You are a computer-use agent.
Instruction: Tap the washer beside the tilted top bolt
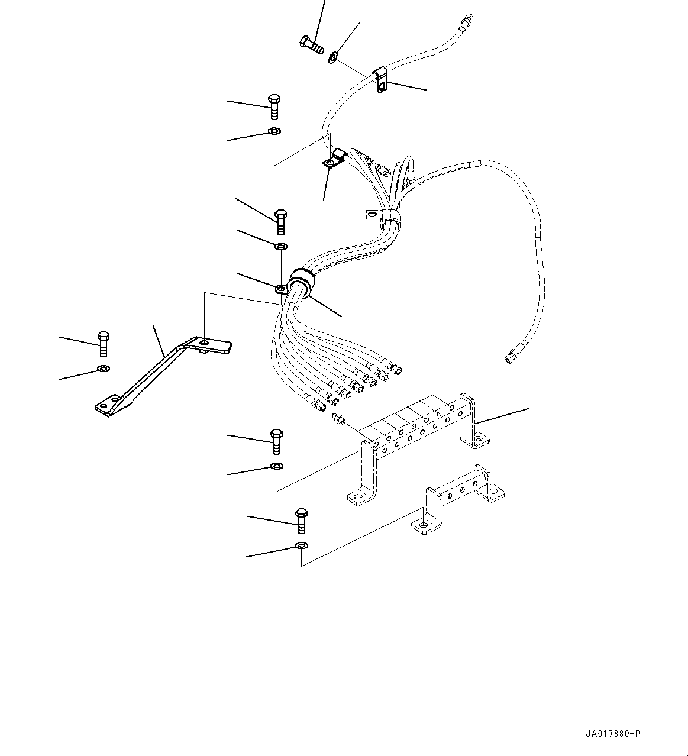pyautogui.click(x=334, y=57)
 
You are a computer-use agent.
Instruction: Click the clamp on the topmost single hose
pyautogui.click(x=381, y=80)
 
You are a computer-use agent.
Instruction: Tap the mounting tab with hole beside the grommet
pyautogui.click(x=282, y=289)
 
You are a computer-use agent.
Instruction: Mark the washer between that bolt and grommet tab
pyautogui.click(x=281, y=245)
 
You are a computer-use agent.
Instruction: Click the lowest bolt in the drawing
pyautogui.click(x=301, y=519)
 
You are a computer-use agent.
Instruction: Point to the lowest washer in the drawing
pyautogui.click(x=301, y=545)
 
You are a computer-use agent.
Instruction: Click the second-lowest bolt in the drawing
pyautogui.click(x=276, y=441)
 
